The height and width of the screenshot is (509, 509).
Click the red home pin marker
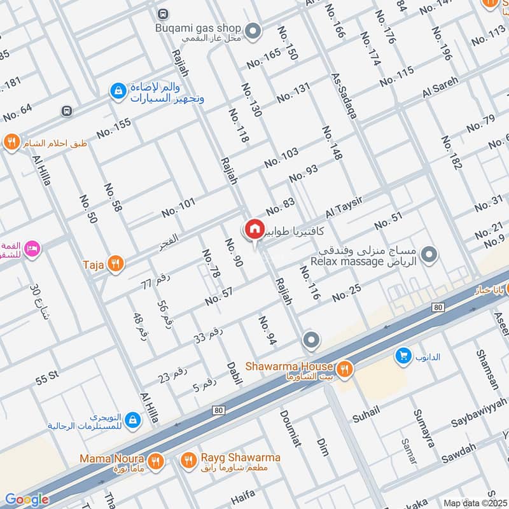(254, 229)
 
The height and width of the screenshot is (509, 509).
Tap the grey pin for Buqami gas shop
(253, 30)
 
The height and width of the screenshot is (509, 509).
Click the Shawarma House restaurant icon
(344, 368)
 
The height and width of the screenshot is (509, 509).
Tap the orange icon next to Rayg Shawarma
(188, 459)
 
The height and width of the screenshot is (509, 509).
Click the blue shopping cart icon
(402, 356)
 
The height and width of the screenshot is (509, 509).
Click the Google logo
(27, 499)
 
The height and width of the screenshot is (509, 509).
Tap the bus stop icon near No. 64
(66, 111)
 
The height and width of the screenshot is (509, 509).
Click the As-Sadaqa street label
(344, 96)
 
